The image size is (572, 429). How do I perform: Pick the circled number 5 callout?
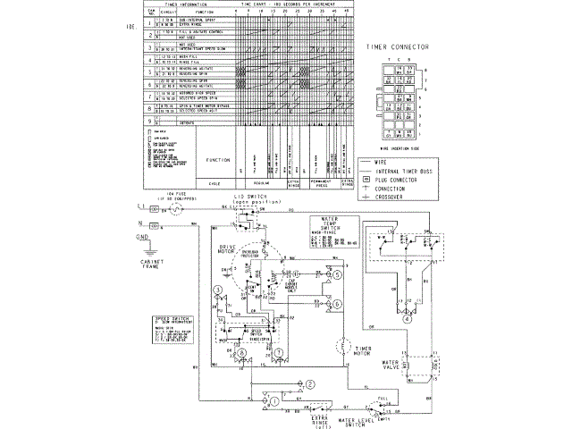click(x=339, y=276)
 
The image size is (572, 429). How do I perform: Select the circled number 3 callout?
click(x=215, y=291)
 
